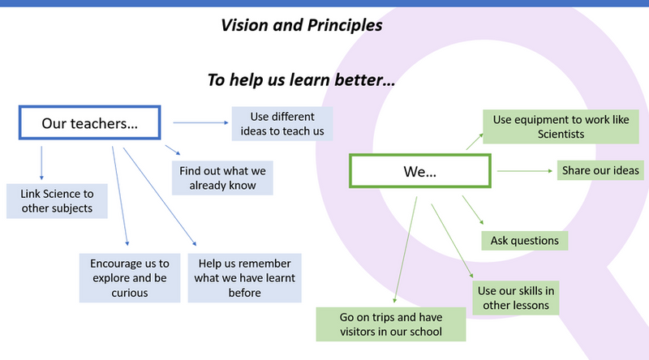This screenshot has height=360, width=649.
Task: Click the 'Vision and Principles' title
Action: pyautogui.click(x=302, y=25)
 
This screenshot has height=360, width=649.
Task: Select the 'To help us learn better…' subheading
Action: pyautogui.click(x=302, y=80)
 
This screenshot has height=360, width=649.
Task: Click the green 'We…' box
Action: pyautogui.click(x=419, y=171)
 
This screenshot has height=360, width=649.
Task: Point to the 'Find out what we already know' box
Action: pyautogui.click(x=223, y=178)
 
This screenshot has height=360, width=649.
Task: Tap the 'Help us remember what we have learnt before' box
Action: pyautogui.click(x=244, y=277)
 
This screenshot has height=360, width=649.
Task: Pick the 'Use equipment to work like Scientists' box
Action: pyautogui.click(x=561, y=126)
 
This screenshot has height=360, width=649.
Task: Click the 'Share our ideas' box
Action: pyautogui.click(x=600, y=170)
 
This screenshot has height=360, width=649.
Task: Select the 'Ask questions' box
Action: pyautogui.click(x=524, y=240)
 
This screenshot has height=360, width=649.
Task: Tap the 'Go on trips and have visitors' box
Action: pyautogui.click(x=391, y=324)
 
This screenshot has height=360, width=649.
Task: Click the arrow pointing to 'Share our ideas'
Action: pyautogui.click(x=524, y=170)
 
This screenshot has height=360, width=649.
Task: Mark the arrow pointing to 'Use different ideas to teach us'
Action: pyautogui.click(x=200, y=123)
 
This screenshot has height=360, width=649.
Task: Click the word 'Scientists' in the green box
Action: pyautogui.click(x=561, y=134)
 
